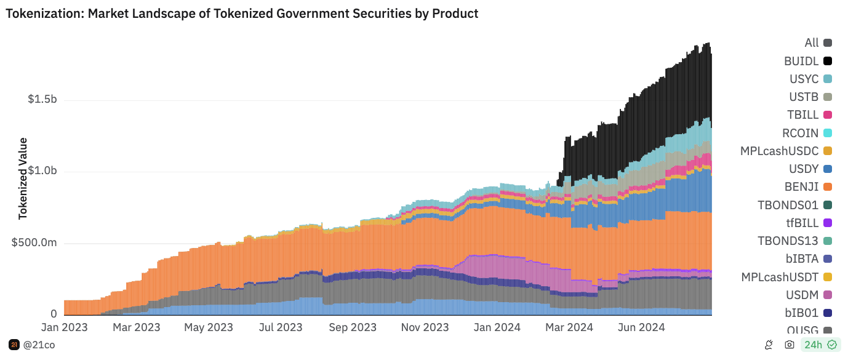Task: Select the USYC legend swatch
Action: point(828,79)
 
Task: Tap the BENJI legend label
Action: point(800,186)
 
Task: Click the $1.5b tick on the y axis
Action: point(42,100)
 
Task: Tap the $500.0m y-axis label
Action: point(34,243)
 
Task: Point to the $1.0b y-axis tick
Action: point(42,171)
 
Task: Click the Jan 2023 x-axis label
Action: point(64,327)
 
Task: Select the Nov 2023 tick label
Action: point(426,327)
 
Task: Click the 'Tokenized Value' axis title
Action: point(23,178)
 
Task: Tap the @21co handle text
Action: point(39,345)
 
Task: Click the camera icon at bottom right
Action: point(790,345)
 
